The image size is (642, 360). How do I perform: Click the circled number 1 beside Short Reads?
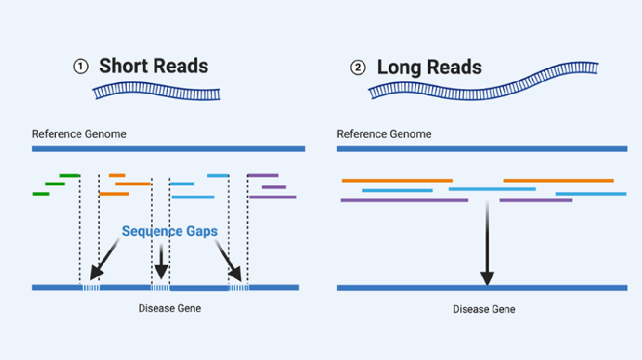[x=81, y=66]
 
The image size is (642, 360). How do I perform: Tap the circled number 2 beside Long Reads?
[x=358, y=68]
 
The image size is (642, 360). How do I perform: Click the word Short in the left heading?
[x=124, y=66]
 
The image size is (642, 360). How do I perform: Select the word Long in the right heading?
[x=399, y=67]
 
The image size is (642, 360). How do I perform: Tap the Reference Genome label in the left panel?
[x=78, y=134]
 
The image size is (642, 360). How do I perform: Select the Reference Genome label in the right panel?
[x=384, y=134]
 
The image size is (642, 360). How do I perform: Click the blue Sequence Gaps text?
[x=169, y=232]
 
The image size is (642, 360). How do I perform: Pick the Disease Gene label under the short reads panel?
[x=169, y=308]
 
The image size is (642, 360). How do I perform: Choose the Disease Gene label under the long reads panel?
[x=484, y=309]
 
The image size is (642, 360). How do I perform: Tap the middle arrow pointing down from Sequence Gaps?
[x=161, y=261]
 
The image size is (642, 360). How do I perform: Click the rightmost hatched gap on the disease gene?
[x=237, y=288]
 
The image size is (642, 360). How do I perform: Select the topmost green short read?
[x=69, y=176]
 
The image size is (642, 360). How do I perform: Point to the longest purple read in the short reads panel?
[x=272, y=197]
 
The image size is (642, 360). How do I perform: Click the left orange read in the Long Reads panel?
[x=397, y=181]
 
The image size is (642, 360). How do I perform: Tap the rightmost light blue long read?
[x=590, y=194]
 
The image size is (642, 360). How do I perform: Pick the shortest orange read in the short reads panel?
[x=116, y=176]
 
